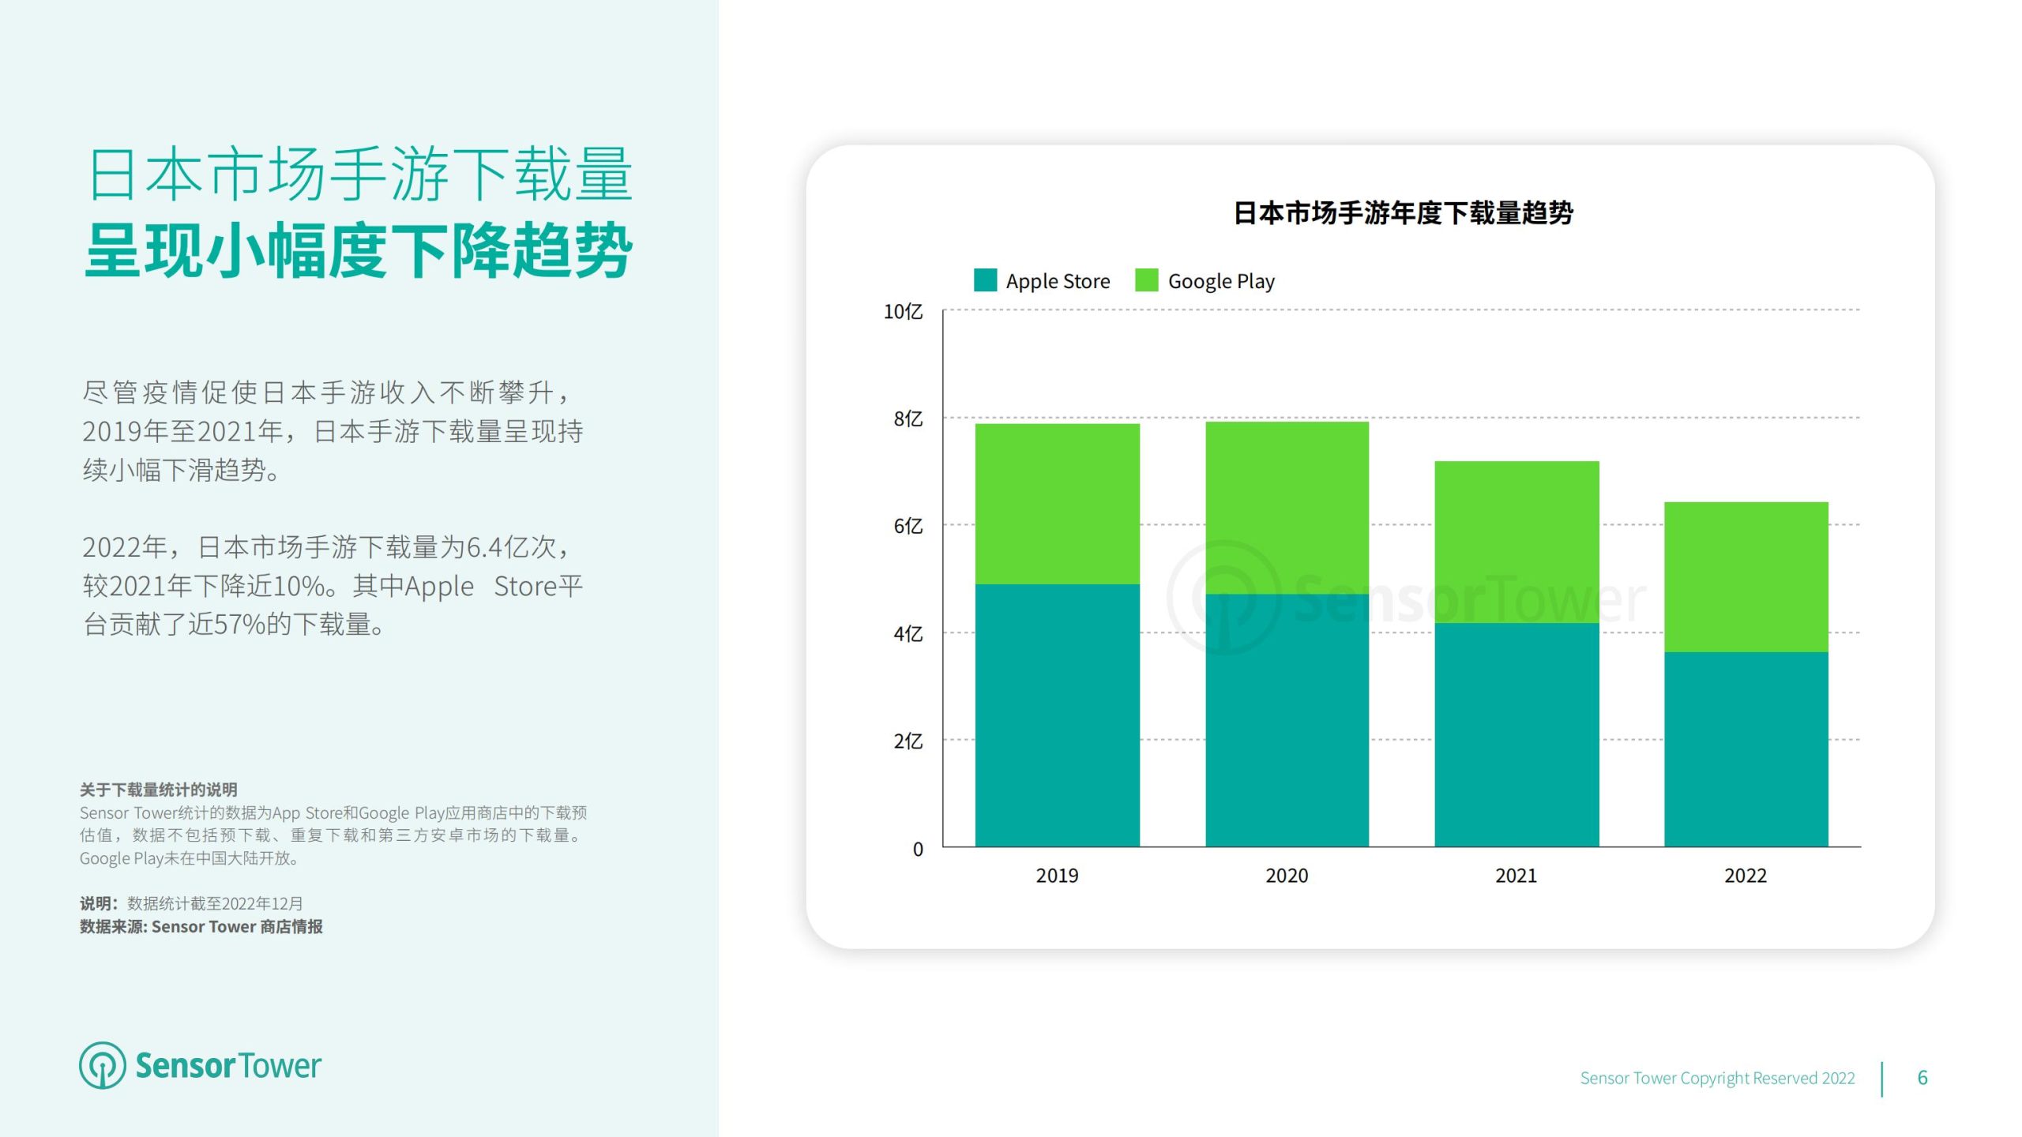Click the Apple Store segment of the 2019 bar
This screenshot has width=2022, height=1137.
pyautogui.click(x=1057, y=715)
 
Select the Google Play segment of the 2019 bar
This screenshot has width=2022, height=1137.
pyautogui.click(x=1057, y=504)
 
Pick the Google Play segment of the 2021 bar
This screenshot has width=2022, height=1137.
pyautogui.click(x=1516, y=542)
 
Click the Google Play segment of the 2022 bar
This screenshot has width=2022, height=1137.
pyautogui.click(x=1746, y=576)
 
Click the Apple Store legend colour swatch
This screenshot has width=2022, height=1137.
pyautogui.click(x=985, y=280)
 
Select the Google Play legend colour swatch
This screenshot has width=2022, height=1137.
pyautogui.click(x=1146, y=280)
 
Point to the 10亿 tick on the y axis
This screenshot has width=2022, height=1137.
pyautogui.click(x=903, y=312)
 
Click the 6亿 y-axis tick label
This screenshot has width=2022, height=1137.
pyautogui.click(x=908, y=526)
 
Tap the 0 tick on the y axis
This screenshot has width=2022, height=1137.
pyautogui.click(x=918, y=850)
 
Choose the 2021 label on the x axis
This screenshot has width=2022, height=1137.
pyautogui.click(x=1516, y=876)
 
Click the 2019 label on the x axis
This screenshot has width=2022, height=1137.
pyautogui.click(x=1057, y=876)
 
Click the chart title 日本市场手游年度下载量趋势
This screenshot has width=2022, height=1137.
pyautogui.click(x=1403, y=213)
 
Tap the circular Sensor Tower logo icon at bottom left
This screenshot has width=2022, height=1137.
pyautogui.click(x=102, y=1065)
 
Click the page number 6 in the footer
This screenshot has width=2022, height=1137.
pyautogui.click(x=1922, y=1078)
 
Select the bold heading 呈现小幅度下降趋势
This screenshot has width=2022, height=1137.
pyautogui.click(x=359, y=251)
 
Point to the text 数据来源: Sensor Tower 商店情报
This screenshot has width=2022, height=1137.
pyautogui.click(x=201, y=927)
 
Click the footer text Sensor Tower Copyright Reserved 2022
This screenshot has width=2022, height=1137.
pyautogui.click(x=1717, y=1079)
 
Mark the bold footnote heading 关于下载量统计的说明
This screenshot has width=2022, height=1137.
pyautogui.click(x=159, y=790)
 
